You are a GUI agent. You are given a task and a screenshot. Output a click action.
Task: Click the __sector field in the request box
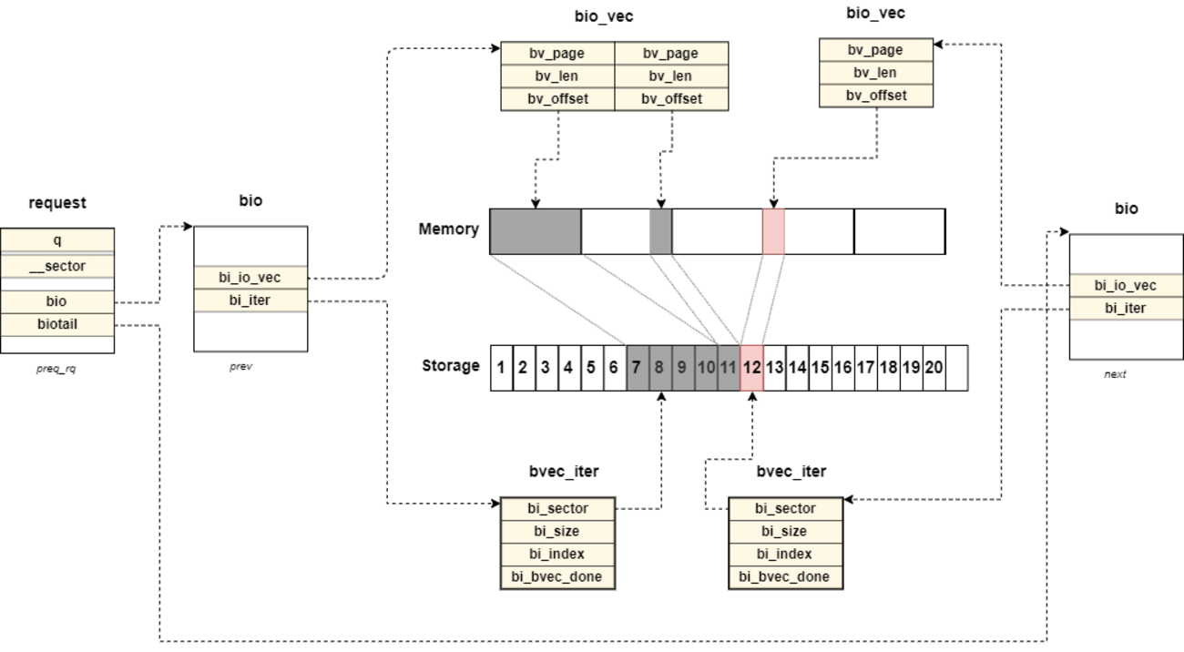57,267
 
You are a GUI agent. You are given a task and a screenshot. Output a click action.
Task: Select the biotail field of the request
57,323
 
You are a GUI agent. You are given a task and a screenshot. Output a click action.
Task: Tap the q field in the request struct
57,239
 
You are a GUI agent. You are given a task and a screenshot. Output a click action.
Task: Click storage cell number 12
751,368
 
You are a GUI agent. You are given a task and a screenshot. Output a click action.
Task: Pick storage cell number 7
637,368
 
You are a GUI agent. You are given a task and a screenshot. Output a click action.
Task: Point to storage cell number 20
934,368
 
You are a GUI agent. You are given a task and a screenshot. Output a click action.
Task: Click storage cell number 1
501,368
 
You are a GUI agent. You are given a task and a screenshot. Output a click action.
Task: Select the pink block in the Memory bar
773,231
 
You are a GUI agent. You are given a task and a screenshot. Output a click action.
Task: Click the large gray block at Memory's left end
536,231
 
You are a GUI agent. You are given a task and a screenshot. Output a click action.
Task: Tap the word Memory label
448,229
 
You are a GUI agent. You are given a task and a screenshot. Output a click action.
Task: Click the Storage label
450,366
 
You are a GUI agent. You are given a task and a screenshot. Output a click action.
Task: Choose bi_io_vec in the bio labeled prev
250,278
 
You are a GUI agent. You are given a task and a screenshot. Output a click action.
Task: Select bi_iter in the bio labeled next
1126,309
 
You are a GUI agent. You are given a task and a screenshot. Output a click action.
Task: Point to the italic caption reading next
1115,374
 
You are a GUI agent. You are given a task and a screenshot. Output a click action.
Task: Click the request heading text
57,203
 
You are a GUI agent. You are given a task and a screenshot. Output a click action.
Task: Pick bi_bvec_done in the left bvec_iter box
557,577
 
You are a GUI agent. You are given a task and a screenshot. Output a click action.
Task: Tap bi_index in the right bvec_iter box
785,555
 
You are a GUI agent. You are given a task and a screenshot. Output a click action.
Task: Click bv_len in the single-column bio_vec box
875,73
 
